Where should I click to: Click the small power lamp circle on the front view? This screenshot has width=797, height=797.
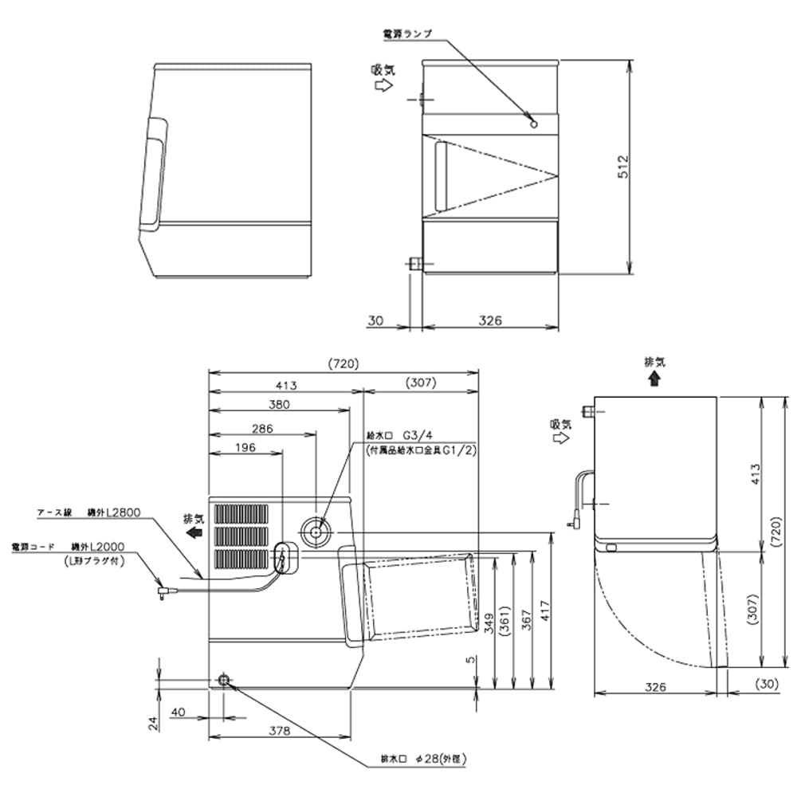[534, 123]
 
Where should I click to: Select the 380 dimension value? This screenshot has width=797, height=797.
[278, 404]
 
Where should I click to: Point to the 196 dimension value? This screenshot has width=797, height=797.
[245, 448]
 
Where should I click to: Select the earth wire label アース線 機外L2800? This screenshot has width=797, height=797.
[88, 512]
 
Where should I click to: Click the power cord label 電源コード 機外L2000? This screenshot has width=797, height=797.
[72, 548]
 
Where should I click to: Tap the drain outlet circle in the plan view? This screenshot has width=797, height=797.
[224, 679]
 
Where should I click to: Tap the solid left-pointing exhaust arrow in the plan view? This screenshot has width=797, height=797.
[192, 533]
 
